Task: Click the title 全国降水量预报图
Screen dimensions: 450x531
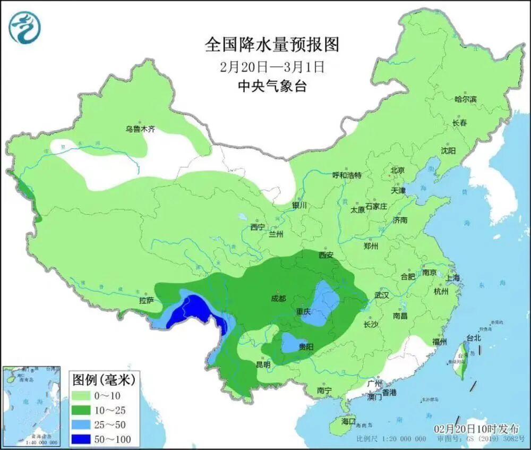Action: coord(271,45)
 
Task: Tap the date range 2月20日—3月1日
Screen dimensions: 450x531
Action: coord(271,67)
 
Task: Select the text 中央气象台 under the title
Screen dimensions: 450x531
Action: coord(271,86)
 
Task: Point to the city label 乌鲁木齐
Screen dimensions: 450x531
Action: coord(140,129)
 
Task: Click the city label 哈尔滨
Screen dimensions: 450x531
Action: coord(466,99)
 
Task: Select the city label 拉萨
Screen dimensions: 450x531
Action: coord(146,301)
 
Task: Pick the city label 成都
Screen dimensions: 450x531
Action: coord(278,299)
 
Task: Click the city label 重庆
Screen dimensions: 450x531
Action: coord(303,312)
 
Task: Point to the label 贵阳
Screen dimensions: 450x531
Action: coord(306,347)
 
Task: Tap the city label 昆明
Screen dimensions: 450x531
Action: coord(263,364)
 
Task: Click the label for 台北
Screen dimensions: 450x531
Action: coord(473,337)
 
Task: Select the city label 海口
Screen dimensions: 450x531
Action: coord(348,420)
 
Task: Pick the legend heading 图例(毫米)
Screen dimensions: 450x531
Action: coord(104,379)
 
